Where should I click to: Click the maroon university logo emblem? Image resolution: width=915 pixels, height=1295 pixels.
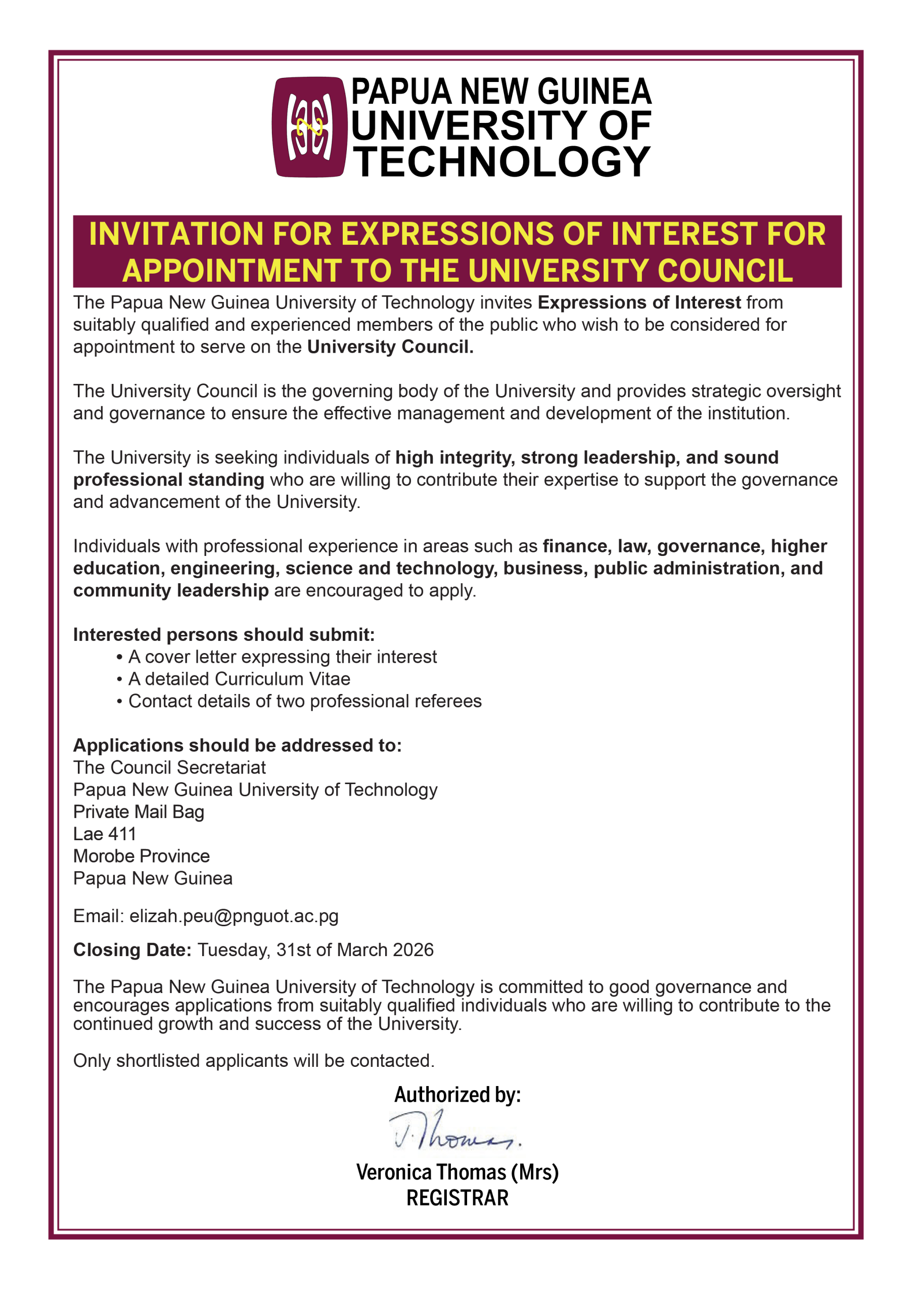(x=309, y=127)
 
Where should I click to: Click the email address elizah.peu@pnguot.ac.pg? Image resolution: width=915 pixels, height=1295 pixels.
(x=234, y=916)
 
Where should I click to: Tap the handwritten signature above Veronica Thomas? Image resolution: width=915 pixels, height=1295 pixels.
(x=454, y=1132)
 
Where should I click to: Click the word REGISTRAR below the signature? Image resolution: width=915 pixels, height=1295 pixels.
(x=457, y=1197)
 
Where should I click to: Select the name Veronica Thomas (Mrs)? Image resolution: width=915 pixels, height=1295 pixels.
(x=457, y=1172)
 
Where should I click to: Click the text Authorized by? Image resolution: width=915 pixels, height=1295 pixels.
(x=457, y=1095)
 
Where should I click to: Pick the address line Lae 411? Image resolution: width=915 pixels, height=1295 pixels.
(x=105, y=834)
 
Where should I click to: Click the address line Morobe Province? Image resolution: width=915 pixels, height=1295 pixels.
(x=142, y=856)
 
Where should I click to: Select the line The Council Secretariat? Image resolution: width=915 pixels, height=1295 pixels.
(x=169, y=767)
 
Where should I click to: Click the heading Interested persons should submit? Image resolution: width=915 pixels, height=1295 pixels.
(x=224, y=634)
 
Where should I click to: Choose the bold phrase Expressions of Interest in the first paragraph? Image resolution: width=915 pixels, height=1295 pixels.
(x=639, y=303)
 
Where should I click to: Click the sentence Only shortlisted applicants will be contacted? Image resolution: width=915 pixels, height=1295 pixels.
(x=254, y=1060)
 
